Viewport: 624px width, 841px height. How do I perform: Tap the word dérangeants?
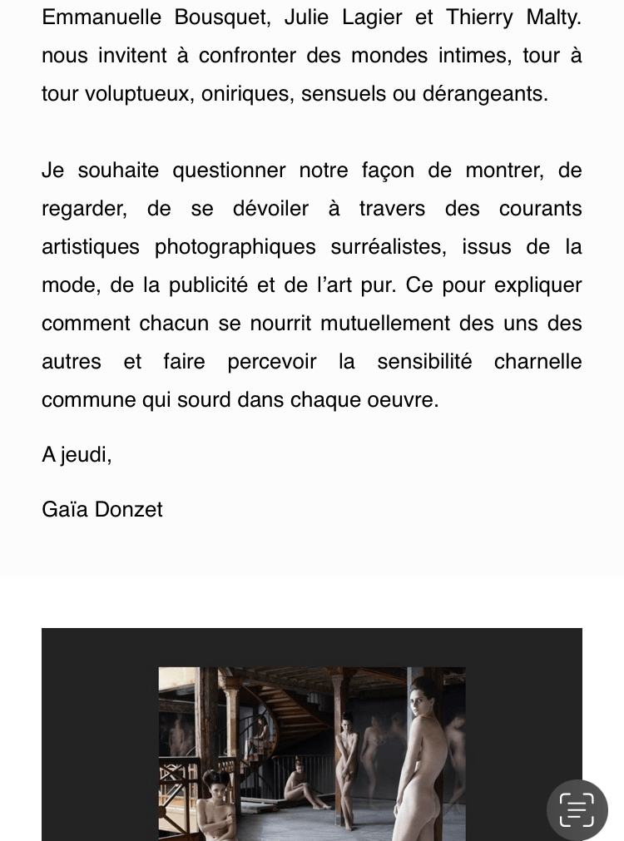pos(484,94)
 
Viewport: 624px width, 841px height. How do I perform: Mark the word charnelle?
pos(537,362)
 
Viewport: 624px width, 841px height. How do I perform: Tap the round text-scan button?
pos(577,809)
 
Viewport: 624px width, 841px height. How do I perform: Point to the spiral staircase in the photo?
pos(275,707)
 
